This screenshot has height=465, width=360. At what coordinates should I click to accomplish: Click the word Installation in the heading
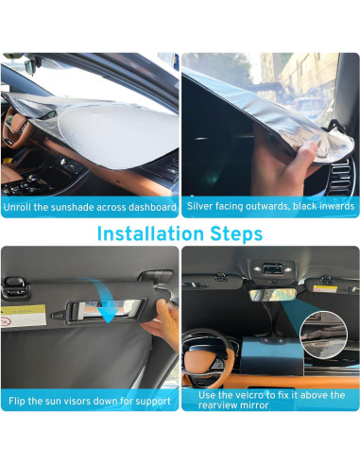(152, 232)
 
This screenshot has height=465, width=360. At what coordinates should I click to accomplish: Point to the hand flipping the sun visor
(163, 326)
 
